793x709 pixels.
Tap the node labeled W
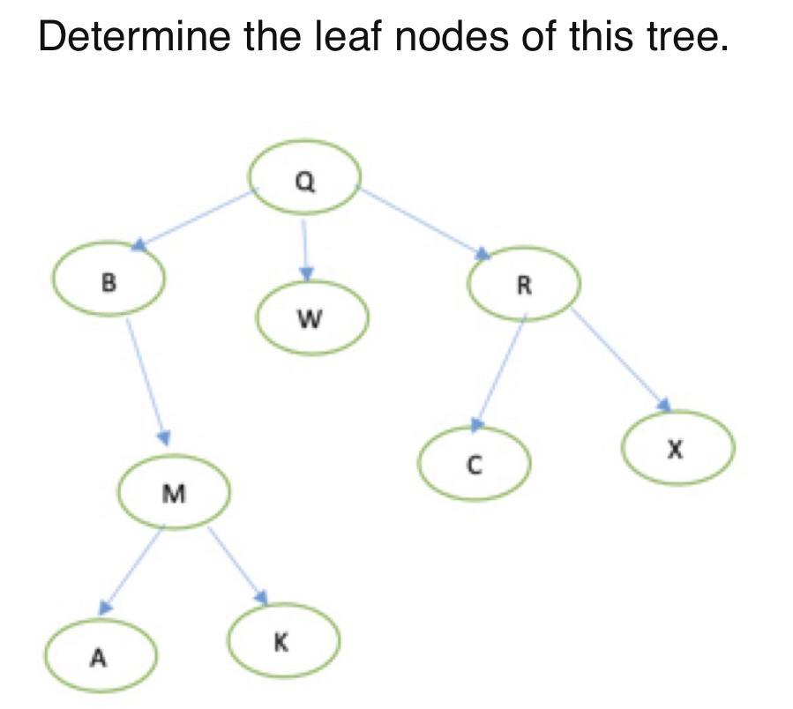click(311, 318)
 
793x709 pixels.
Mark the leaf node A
click(101, 657)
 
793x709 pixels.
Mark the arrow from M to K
click(236, 564)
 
